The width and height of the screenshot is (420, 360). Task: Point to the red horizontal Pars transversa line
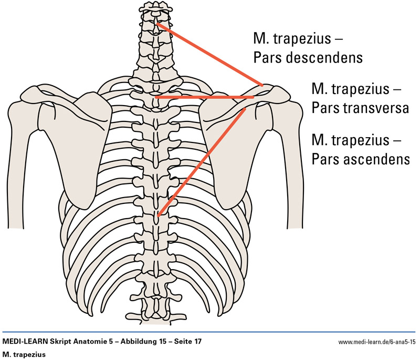(205, 97)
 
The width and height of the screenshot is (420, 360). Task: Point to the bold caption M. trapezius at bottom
(24, 354)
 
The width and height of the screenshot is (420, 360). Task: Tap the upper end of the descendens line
(158, 24)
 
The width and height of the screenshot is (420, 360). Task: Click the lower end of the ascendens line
(159, 214)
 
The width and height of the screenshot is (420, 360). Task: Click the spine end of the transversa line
(157, 97)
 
